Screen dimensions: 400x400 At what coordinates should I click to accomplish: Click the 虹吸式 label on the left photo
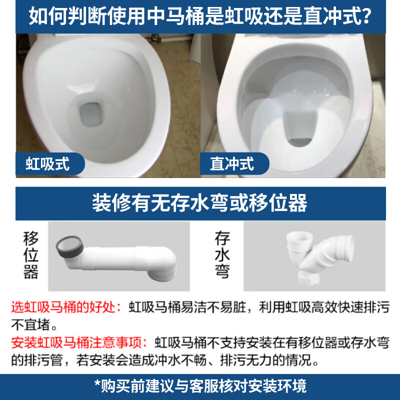point(47,163)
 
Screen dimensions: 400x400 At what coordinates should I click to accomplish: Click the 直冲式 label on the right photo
point(232,163)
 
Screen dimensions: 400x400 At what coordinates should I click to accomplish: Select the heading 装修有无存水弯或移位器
point(200,203)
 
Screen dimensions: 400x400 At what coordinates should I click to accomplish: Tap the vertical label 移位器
point(30,255)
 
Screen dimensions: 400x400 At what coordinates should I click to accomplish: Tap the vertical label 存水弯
point(221,255)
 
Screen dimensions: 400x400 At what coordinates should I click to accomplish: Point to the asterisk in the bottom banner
point(97,385)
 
